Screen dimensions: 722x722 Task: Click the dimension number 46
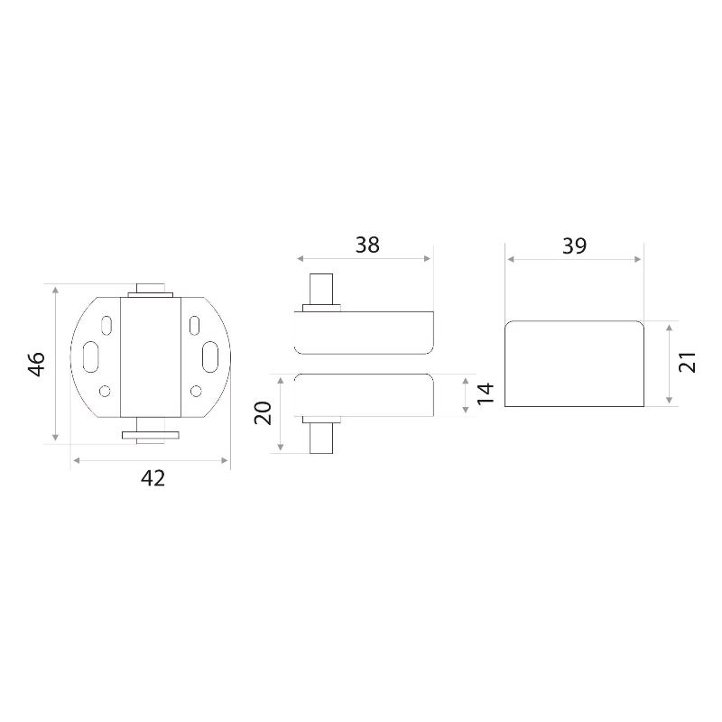point(37,364)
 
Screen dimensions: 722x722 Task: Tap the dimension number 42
point(153,478)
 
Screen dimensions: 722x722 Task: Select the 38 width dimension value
point(367,245)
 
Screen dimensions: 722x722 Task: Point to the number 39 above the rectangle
point(574,246)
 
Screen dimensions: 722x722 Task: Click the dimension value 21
point(688,362)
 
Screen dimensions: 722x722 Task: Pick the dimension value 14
point(486,393)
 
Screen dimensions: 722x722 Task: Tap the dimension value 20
point(264,413)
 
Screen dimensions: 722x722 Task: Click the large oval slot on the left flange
point(91,356)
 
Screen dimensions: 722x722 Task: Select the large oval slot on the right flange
point(210,356)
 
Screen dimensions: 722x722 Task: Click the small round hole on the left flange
point(105,391)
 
